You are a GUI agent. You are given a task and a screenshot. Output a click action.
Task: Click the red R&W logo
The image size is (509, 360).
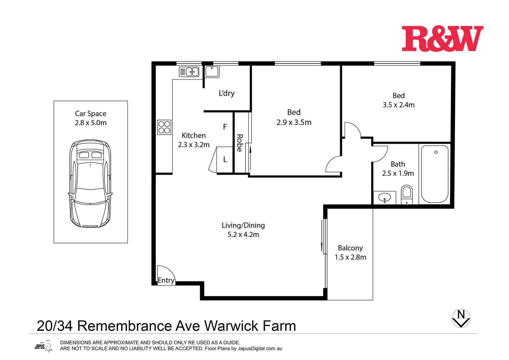[442, 39]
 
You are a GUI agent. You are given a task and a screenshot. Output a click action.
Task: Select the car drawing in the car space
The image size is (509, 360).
[90, 183]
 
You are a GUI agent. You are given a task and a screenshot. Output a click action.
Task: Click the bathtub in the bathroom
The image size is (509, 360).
[435, 174]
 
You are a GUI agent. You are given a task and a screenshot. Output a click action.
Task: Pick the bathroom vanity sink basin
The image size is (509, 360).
[384, 198]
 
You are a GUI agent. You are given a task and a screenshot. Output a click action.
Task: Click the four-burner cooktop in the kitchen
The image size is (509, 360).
[164, 127]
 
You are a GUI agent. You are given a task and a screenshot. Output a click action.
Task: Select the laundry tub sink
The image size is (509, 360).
[212, 71]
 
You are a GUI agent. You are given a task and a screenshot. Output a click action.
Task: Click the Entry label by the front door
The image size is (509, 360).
[166, 280]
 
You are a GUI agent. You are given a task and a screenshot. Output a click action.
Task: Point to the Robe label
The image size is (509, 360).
[240, 143]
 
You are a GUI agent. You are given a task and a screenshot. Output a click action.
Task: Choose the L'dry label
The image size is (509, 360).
[227, 93]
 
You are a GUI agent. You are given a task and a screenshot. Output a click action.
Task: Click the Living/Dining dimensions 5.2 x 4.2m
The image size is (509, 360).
[243, 235]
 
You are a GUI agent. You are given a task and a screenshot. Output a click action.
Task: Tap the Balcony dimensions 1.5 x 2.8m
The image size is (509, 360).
[350, 257]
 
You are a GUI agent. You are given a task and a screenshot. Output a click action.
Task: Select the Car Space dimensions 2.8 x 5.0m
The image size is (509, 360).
[91, 123]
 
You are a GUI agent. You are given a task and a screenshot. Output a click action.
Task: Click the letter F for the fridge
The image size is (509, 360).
[225, 127]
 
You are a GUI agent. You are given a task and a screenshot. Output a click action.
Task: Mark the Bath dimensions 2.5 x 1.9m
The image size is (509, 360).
[398, 173]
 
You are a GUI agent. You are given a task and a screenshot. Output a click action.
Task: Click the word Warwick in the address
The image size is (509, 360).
[232, 326]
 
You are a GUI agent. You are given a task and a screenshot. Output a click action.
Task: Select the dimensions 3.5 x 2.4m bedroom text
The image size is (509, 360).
[398, 105]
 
